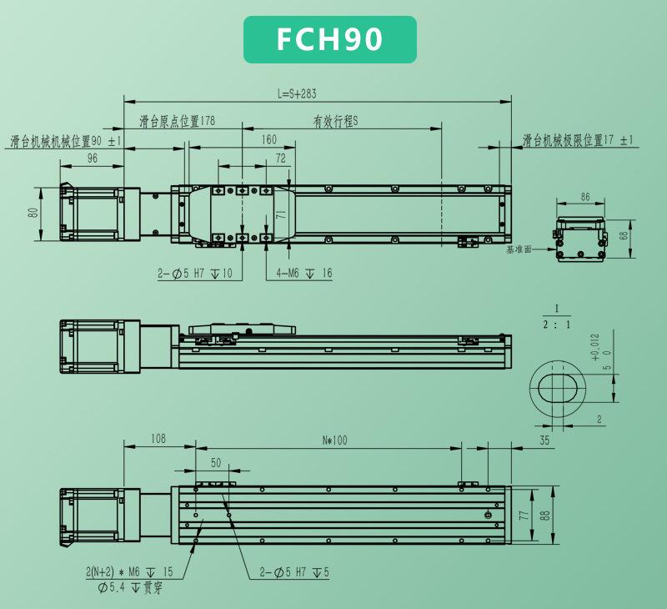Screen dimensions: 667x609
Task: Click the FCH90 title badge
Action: [x=329, y=39]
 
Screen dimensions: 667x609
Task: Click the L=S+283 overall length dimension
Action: [x=297, y=93]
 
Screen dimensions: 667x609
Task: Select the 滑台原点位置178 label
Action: [x=178, y=121]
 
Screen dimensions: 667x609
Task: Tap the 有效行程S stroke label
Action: [x=336, y=122]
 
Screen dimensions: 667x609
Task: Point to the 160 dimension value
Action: [x=268, y=139]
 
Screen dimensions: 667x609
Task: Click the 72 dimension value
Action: [x=281, y=159]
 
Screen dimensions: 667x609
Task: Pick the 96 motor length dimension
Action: [x=93, y=159]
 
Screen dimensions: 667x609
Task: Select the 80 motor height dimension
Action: [x=33, y=212]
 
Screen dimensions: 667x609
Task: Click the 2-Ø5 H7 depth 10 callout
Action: [x=195, y=274]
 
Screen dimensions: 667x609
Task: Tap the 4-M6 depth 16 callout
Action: [x=304, y=274]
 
